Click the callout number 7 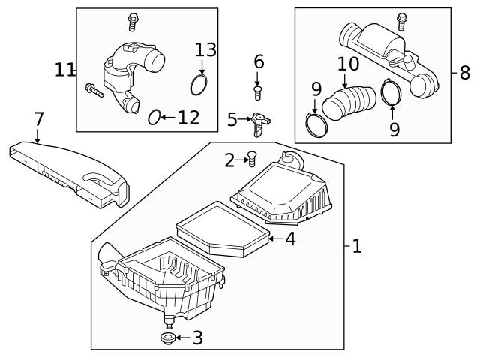click(39, 118)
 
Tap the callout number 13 click(205, 50)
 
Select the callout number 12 click(189, 118)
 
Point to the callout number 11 click(64, 70)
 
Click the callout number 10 click(348, 64)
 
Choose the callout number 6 click(259, 61)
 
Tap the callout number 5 click(232, 118)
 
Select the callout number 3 click(197, 338)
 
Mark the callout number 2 click(230, 159)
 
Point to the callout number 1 click(357, 245)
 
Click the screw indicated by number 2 click(252, 159)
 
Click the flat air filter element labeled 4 click(221, 227)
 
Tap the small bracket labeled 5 click(259, 123)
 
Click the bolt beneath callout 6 click(259, 92)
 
